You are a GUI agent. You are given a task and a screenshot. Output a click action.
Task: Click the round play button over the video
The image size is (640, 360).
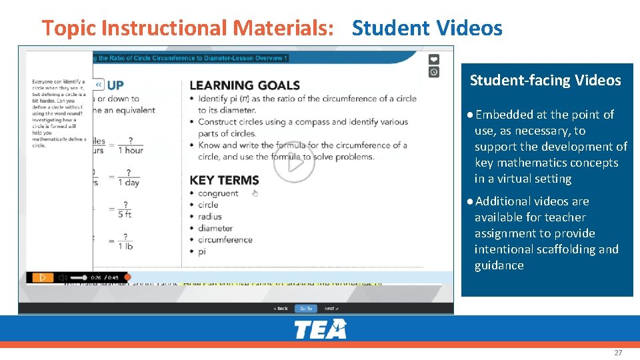(293, 162)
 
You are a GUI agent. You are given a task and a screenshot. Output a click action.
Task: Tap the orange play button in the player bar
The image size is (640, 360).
(41, 277)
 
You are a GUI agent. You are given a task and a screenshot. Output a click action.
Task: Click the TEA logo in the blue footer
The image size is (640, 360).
(320, 329)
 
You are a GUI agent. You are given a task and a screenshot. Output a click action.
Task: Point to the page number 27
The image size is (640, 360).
(618, 352)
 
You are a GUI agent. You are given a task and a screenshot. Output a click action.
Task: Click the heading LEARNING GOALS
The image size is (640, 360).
(245, 85)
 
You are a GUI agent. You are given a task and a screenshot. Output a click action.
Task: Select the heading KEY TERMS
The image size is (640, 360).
(224, 180)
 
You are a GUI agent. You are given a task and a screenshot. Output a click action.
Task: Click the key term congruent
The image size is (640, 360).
(218, 193)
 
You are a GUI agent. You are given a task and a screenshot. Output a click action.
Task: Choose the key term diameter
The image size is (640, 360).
(215, 228)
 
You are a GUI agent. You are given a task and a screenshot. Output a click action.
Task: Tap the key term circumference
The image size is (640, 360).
(225, 240)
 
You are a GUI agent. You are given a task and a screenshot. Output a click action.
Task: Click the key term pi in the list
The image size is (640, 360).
(201, 251)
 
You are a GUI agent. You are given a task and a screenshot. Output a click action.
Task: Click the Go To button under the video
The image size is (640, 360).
(305, 309)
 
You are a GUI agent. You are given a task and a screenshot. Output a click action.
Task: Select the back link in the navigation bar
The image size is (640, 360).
(281, 309)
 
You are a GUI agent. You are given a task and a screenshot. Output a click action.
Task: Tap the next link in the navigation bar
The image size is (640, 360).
(331, 309)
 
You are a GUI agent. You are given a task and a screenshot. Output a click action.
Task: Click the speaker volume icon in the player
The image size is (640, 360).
(62, 277)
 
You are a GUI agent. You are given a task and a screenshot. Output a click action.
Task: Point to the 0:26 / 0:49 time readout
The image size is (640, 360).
(104, 277)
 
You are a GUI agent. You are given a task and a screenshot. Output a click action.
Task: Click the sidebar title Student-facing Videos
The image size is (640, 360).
(545, 81)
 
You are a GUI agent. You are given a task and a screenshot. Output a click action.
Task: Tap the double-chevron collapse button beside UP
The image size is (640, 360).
(99, 85)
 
